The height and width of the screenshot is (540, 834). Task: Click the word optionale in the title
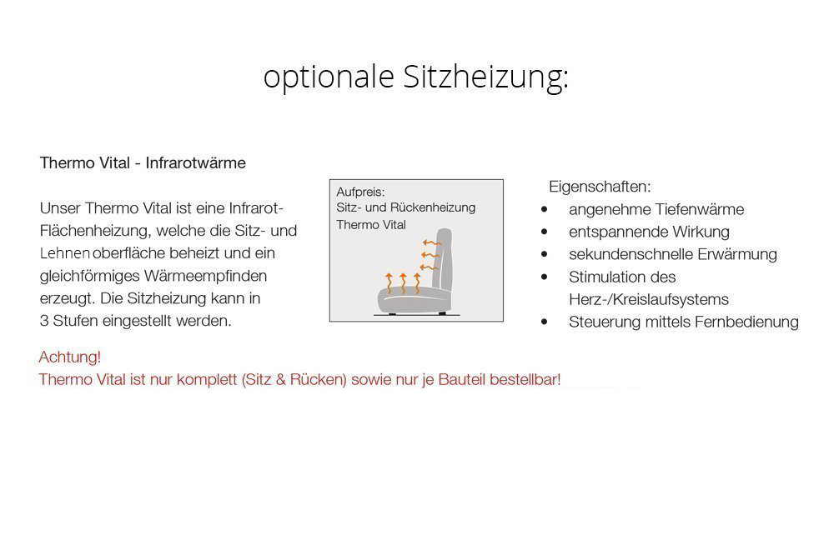point(329,77)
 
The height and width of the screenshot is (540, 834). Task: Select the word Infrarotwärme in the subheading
point(196,162)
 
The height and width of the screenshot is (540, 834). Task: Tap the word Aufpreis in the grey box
point(360,192)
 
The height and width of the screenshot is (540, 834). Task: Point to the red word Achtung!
point(70,357)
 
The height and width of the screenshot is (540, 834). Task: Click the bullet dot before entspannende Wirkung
point(544,232)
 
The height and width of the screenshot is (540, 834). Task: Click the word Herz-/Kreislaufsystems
point(648,299)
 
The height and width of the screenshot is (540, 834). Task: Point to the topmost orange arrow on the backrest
point(432,243)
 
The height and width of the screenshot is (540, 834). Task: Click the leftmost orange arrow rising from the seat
point(389,282)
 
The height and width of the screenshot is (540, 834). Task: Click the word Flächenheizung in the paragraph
point(96,231)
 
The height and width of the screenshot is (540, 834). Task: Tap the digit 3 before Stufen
point(43,321)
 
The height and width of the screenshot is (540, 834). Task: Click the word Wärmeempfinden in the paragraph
point(205,277)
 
